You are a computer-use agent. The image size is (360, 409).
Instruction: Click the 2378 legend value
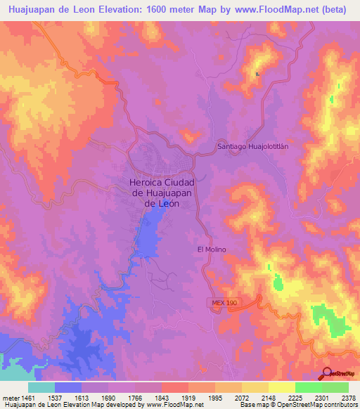pyautogui.click(x=348, y=397)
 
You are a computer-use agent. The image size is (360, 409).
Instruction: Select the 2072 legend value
pyautogui.click(x=241, y=397)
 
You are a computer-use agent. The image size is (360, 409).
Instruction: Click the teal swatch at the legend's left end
pyautogui.click(x=41, y=387)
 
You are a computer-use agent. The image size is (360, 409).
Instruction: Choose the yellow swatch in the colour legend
pyautogui.click(x=281, y=387)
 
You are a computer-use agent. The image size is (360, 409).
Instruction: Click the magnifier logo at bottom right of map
pyautogui.click(x=327, y=372)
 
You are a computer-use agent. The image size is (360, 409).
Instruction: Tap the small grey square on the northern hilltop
pyautogui.click(x=258, y=73)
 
